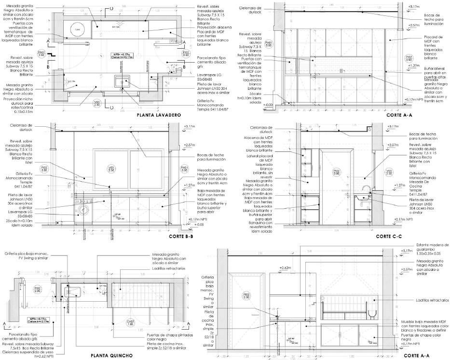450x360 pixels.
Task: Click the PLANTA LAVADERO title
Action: [x=158, y=115]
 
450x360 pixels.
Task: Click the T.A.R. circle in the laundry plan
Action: [x=77, y=28]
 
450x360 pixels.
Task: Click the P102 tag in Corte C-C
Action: [x=336, y=172]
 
